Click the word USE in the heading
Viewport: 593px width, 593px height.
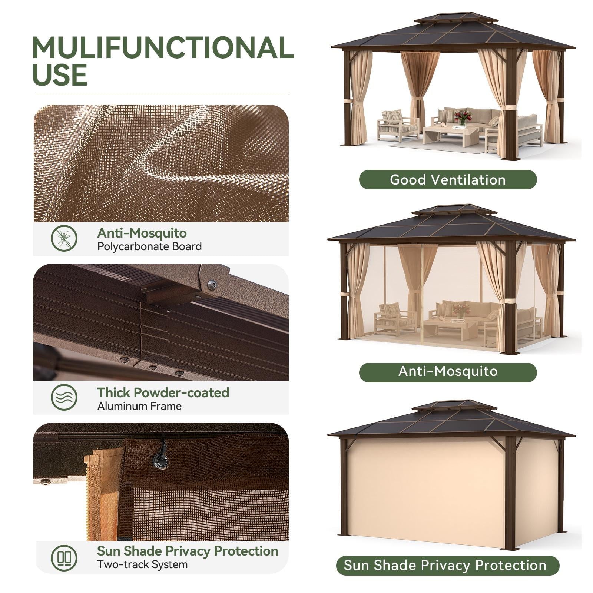pos(60,75)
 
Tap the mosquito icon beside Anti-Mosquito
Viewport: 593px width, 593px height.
pos(64,238)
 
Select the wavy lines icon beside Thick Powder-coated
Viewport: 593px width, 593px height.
pos(64,397)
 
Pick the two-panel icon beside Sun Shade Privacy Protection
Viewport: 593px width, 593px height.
pos(64,557)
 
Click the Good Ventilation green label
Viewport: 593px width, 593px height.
pos(447,180)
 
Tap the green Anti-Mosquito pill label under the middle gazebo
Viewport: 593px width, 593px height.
pos(447,371)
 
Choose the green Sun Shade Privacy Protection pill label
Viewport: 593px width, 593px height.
pos(447,566)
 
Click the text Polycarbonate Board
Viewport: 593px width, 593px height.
pos(149,246)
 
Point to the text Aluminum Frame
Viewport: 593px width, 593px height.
pos(139,406)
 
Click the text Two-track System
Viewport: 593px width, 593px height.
pos(142,565)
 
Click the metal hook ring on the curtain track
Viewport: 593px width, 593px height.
pos(162,461)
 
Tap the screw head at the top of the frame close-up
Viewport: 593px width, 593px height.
pos(212,285)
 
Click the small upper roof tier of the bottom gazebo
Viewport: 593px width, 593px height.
pos(454,405)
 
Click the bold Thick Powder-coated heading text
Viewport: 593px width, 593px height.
pos(163,392)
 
